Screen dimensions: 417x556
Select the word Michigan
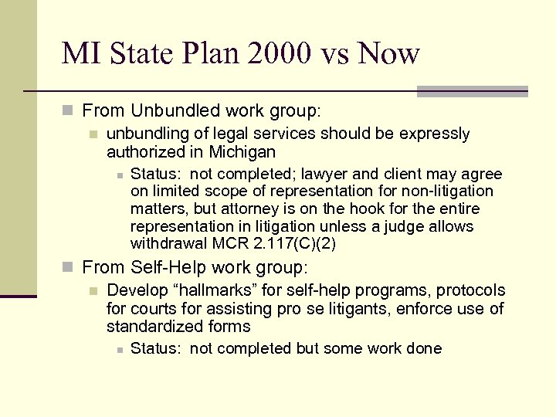[x=240, y=152]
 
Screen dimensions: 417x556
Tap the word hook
[x=368, y=209]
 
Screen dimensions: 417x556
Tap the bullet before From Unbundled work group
[x=69, y=111]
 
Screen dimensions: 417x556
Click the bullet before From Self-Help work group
[x=69, y=268]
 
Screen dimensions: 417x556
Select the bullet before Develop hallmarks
[x=93, y=291]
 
